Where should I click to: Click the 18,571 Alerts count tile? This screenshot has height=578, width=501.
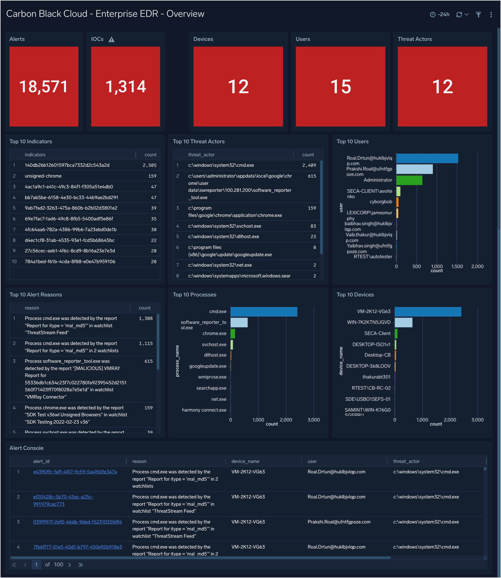point(44,87)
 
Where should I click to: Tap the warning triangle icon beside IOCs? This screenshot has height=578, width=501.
point(111,40)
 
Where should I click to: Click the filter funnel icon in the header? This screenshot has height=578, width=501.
point(478,15)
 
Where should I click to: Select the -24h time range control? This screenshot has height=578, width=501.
point(440,15)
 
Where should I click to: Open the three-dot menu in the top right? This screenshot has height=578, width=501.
point(491,15)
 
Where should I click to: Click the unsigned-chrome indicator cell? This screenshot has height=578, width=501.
point(43,176)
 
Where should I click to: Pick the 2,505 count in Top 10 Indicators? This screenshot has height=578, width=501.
point(149,165)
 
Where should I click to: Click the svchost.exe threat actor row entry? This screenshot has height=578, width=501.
point(224,226)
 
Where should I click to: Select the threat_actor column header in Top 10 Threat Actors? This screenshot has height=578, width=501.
point(201,155)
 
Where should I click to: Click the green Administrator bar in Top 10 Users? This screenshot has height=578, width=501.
point(409,180)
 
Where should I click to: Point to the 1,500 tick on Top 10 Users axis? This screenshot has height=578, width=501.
point(457,267)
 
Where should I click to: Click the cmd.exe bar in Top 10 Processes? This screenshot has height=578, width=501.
point(264,312)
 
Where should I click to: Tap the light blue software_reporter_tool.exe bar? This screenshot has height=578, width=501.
point(239,322)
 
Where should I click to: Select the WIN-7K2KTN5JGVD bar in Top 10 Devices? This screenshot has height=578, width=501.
point(403,322)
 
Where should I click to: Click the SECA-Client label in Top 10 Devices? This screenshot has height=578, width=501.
point(377,333)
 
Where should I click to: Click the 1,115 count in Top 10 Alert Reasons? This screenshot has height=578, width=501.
point(146,343)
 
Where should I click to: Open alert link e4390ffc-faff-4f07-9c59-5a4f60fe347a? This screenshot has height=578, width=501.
point(75,472)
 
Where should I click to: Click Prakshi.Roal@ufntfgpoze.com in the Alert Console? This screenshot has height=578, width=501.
point(339,522)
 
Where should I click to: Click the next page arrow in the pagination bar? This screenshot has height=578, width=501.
point(70,565)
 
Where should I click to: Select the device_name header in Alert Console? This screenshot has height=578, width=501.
point(245,461)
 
